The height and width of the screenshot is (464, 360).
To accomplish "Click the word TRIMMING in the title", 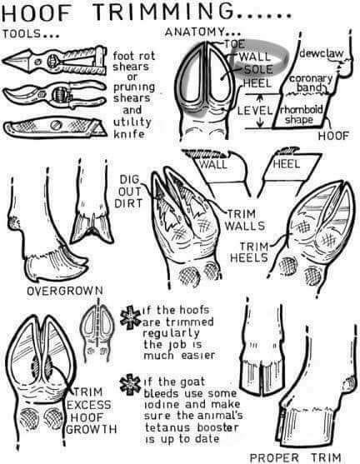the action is pos(162,12).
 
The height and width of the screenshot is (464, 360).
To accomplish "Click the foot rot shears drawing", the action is pos(54,61).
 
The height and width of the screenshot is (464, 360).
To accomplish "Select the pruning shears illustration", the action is pos(54,94).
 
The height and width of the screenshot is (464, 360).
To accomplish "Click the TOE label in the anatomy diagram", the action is pos(235,44).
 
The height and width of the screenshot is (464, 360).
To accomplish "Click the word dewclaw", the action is pos(322,53).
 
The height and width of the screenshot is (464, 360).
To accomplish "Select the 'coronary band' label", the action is pos(311,82).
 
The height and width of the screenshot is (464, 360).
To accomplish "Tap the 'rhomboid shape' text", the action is pos(301,115).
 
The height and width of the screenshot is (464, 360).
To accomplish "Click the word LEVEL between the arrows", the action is pos(255,111).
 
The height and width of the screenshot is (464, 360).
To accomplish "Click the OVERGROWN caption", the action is pos(65,291).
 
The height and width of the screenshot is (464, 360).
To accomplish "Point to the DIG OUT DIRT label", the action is pos(128,191).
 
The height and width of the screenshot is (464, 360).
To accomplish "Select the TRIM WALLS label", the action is pos(245,220).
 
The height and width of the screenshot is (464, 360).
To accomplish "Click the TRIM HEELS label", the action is pos(249,252).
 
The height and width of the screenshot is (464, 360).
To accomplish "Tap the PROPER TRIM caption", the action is pos(296,457).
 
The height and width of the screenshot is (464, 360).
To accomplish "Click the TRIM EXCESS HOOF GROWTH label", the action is pos(91,411).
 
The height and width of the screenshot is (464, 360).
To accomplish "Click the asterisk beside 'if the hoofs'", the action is pos(130,318).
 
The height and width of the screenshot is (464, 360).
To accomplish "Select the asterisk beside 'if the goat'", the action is pos(130,385).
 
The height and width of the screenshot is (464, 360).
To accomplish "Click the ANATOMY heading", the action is pos(203,32).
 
